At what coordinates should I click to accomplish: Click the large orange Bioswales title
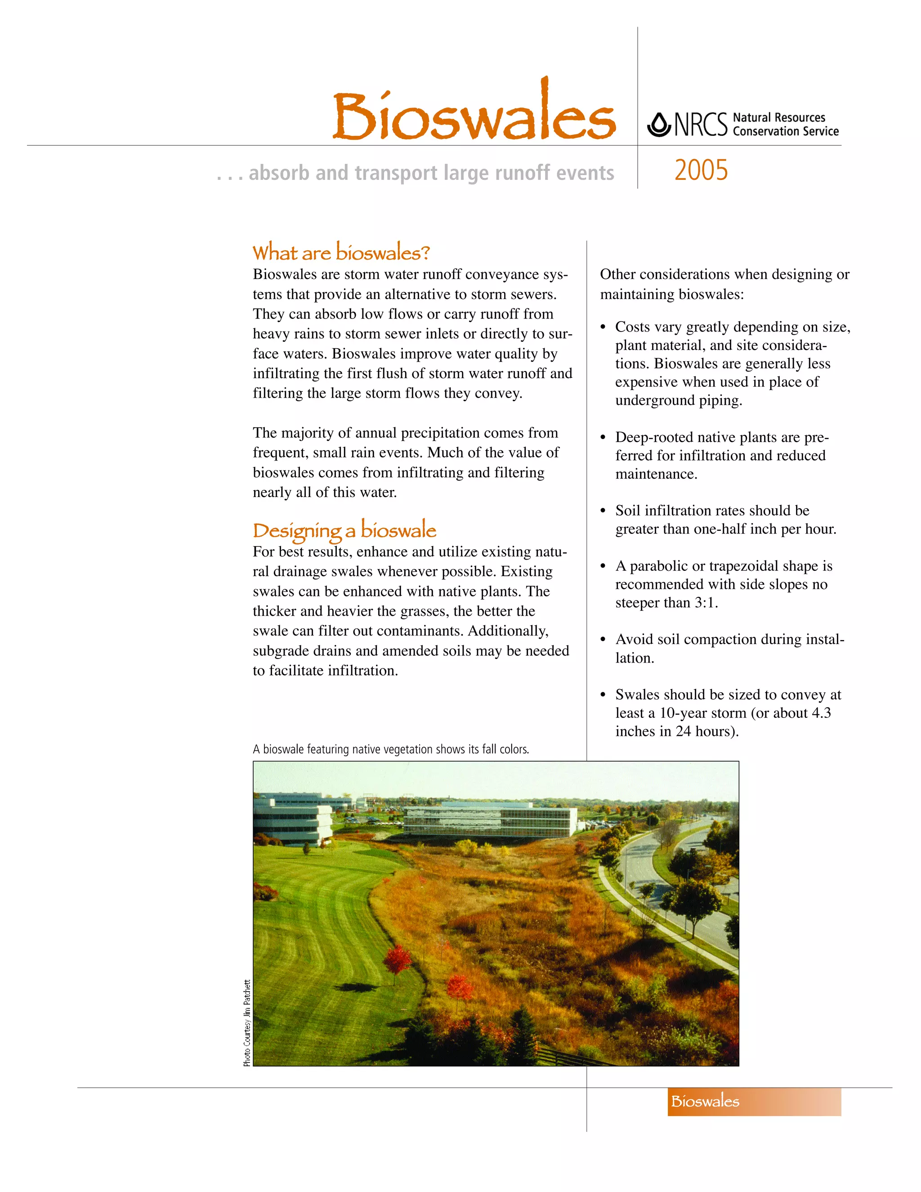coord(474,116)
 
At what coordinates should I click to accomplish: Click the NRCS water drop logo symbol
coord(659,125)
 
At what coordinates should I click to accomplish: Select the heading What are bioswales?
coord(341,253)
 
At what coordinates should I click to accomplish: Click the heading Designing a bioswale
coord(344,530)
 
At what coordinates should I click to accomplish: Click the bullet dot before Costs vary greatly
coord(603,327)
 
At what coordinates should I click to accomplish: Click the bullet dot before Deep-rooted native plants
coord(603,438)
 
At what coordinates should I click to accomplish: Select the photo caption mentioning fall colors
coord(391,749)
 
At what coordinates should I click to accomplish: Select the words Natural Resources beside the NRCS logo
coord(778,117)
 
